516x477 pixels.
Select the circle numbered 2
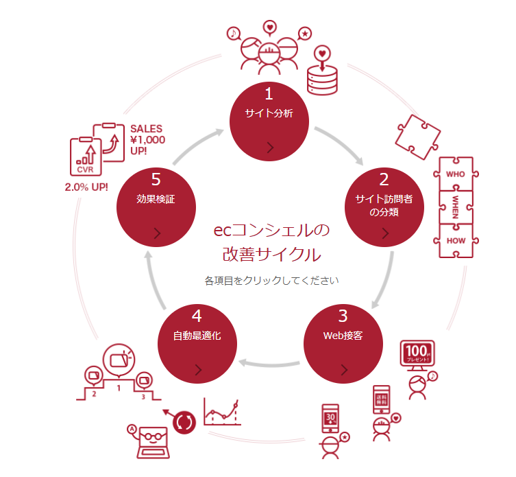(x=383, y=203)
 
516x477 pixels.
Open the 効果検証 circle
(x=156, y=204)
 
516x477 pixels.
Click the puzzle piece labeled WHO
(x=456, y=175)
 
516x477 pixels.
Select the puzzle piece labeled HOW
(x=456, y=240)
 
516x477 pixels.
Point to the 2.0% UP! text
(x=86, y=186)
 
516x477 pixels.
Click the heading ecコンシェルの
(x=271, y=230)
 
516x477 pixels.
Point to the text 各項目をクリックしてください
(x=271, y=281)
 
